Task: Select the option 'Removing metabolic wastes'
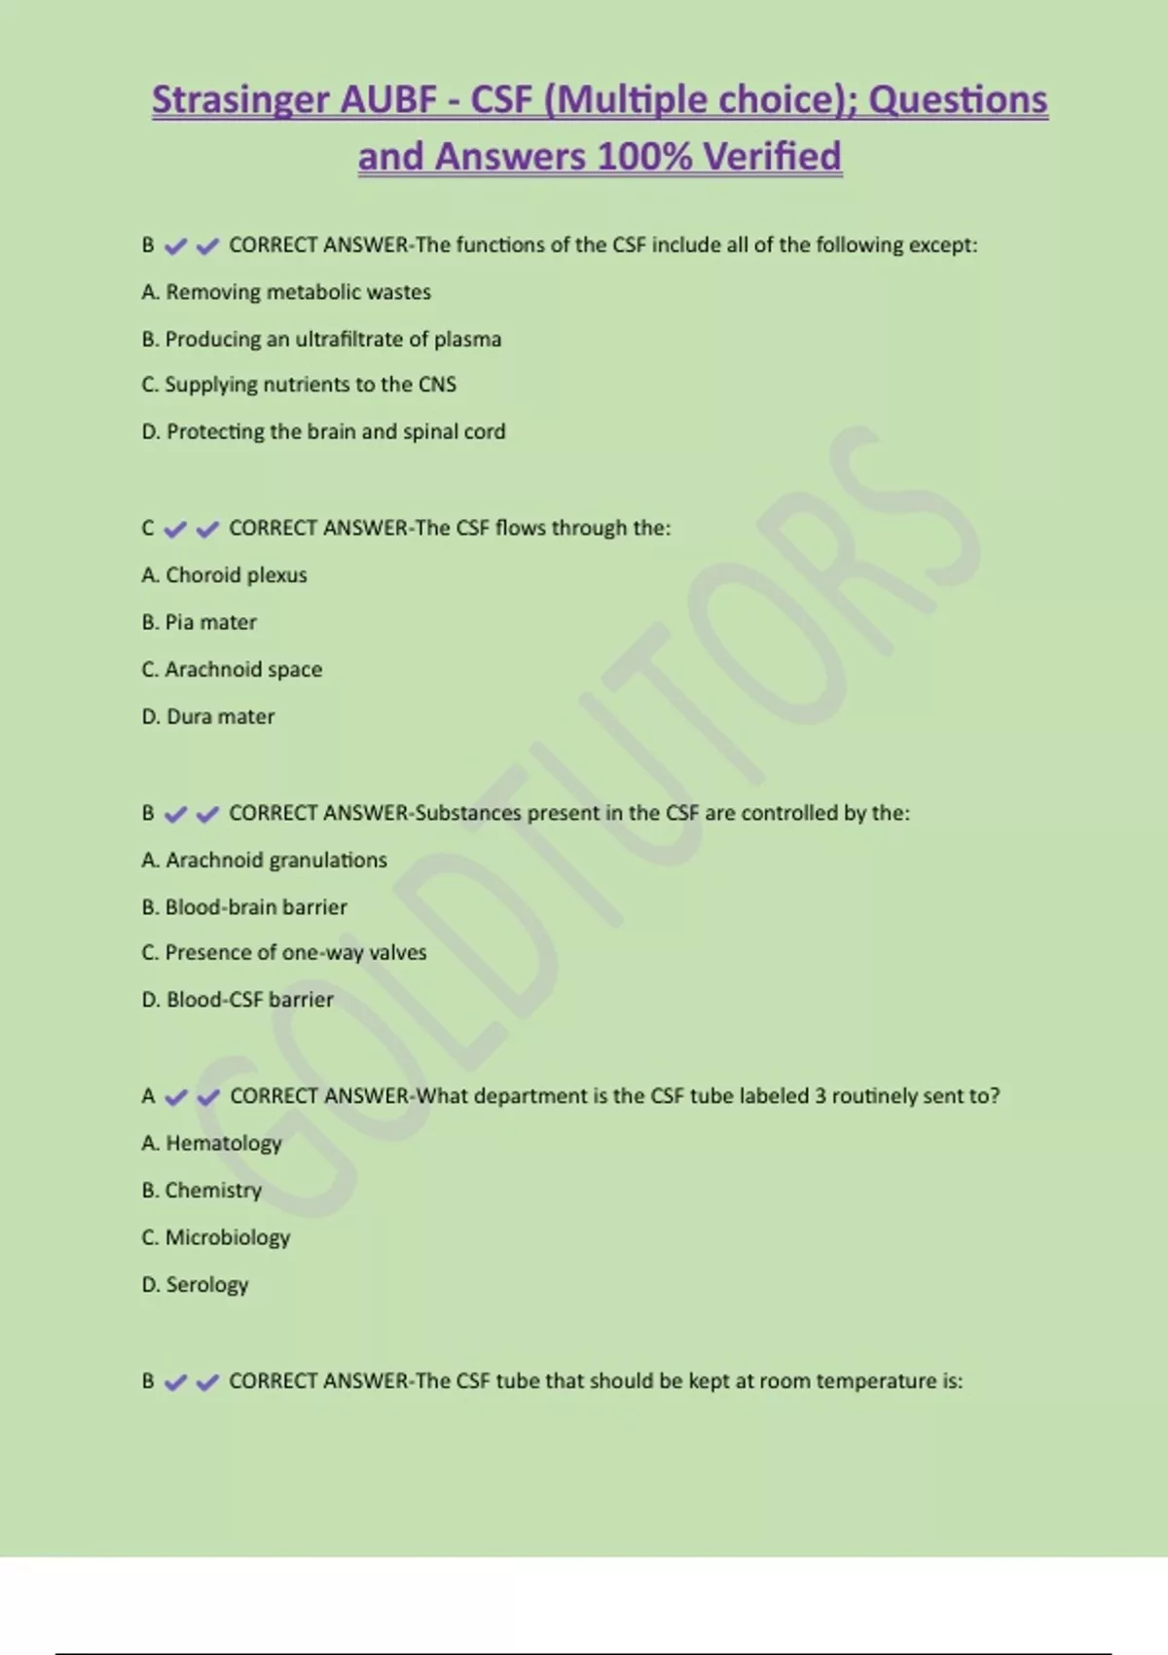coord(286,292)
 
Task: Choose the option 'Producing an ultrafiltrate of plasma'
coord(321,339)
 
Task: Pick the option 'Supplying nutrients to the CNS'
coord(299,385)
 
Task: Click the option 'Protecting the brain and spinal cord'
coord(323,431)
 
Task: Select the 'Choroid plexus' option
coord(224,575)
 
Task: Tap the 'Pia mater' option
coord(200,622)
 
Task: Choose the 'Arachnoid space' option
coord(232,670)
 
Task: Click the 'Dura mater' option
coord(208,717)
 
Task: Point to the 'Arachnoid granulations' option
coord(264,861)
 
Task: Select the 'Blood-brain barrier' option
coord(244,907)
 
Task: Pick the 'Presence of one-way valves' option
coord(284,952)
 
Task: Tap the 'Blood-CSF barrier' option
coord(237,1000)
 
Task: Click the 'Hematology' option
coord(211,1143)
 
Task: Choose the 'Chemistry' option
coord(201,1191)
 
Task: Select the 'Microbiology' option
coord(216,1237)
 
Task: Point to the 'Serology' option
coord(195,1285)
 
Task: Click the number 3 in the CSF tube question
coord(821,1096)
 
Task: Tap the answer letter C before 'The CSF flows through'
coord(148,529)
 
